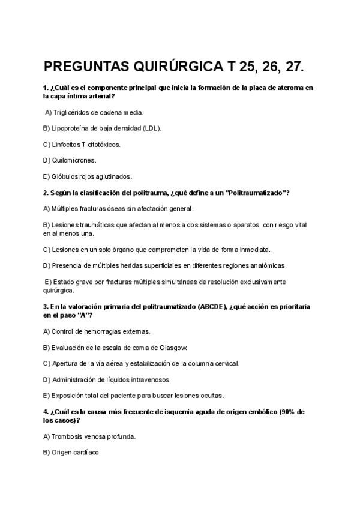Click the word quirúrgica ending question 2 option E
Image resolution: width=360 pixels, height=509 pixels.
click(x=58, y=290)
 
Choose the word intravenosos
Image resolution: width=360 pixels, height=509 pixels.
click(x=150, y=379)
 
